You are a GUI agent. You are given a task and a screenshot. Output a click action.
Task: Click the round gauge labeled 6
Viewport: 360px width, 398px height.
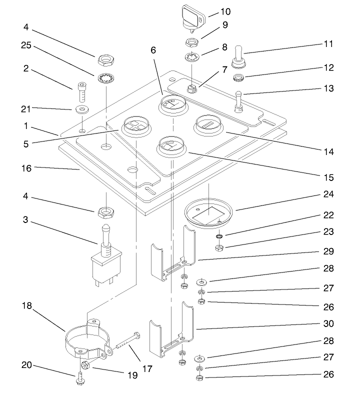coord(172,106)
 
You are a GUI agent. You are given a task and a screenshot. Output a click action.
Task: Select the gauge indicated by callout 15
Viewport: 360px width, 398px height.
coord(170,146)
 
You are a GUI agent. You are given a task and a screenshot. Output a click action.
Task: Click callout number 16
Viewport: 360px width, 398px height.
coord(26,168)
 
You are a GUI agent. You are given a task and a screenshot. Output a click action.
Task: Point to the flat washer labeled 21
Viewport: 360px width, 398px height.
coord(80,109)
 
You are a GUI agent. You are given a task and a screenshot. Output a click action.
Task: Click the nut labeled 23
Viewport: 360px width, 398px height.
coord(218,248)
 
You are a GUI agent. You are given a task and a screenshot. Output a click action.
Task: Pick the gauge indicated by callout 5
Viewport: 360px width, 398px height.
coord(135,126)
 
